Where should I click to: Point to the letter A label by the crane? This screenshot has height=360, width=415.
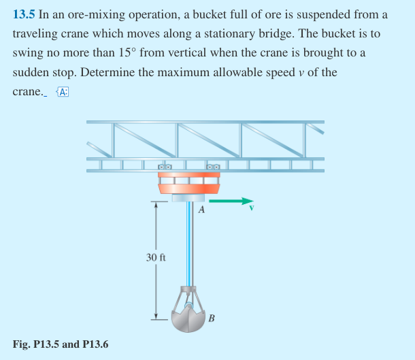click(x=201, y=210)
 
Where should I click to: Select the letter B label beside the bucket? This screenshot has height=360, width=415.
click(x=212, y=318)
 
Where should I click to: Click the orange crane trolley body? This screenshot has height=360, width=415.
click(x=188, y=184)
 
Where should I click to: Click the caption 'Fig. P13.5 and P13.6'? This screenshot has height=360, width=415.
click(x=61, y=344)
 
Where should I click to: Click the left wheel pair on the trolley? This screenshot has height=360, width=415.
click(x=165, y=167)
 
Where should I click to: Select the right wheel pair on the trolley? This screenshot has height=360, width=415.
click(x=213, y=167)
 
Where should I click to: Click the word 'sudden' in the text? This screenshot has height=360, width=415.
click(x=31, y=72)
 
